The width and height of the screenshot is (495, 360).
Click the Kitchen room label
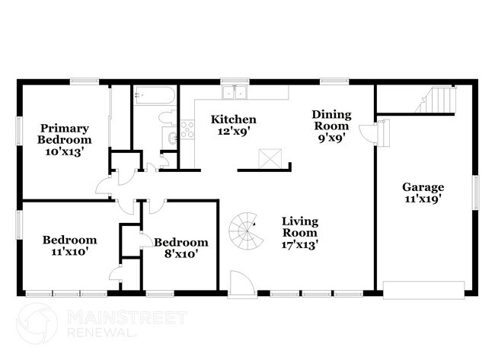click(x=234, y=119)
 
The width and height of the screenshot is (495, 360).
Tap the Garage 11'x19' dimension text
click(x=423, y=199)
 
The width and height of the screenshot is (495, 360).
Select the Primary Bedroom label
click(x=65, y=134)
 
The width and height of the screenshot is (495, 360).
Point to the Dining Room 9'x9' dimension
click(x=331, y=138)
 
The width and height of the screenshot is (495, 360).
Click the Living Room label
click(x=300, y=227)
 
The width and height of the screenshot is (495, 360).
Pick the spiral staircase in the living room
click(x=246, y=231)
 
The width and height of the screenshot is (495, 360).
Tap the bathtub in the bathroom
click(x=155, y=95)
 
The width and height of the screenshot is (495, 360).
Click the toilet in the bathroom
click(x=168, y=118)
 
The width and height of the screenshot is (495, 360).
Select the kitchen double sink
click(x=235, y=92)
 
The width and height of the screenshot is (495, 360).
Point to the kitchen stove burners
click(x=187, y=129)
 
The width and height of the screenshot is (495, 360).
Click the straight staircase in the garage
click(x=436, y=100)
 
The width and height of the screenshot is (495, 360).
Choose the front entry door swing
click(x=241, y=283)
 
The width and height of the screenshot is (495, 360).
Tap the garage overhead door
click(x=423, y=290)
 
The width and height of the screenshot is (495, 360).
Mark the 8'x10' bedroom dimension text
click(x=181, y=253)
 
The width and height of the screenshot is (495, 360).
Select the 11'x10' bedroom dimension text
click(x=69, y=251)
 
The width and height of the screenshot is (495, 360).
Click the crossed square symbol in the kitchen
click(x=270, y=159)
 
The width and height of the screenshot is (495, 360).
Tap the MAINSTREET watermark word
click(x=127, y=317)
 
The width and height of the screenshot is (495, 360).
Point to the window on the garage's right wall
click(x=475, y=193)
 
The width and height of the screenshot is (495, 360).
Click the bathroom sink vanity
click(x=170, y=138)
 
